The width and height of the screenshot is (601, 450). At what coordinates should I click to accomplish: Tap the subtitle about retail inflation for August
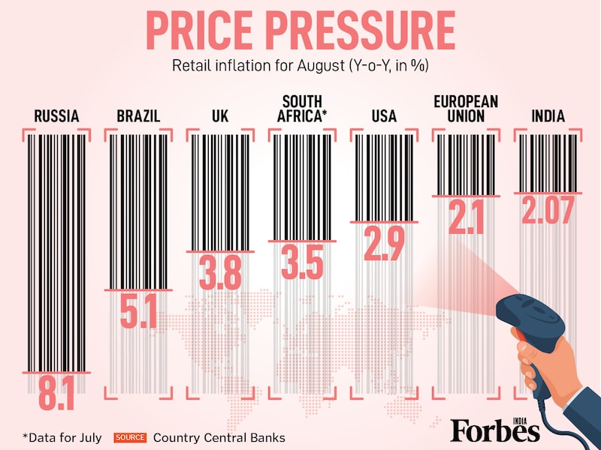click(300, 65)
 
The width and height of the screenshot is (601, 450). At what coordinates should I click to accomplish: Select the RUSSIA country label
click(57, 116)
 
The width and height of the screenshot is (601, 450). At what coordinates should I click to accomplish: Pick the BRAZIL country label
click(139, 116)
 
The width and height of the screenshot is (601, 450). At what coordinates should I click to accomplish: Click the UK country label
click(220, 116)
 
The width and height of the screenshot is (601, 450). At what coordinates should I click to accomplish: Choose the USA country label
click(384, 116)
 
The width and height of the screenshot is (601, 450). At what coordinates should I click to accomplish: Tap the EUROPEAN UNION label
click(466, 109)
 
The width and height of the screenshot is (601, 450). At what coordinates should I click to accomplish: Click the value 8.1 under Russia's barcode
click(56, 393)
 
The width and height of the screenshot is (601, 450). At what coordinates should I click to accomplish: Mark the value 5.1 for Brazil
click(139, 311)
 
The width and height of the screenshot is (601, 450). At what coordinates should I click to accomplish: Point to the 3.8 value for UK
click(220, 272)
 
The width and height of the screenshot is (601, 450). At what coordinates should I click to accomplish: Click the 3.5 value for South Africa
click(303, 262)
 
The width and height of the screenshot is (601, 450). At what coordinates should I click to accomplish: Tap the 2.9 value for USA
click(384, 243)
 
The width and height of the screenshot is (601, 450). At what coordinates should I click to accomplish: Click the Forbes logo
click(495, 429)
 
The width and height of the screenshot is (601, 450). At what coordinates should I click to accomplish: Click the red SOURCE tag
click(131, 437)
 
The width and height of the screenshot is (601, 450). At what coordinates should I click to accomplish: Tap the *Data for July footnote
click(64, 437)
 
